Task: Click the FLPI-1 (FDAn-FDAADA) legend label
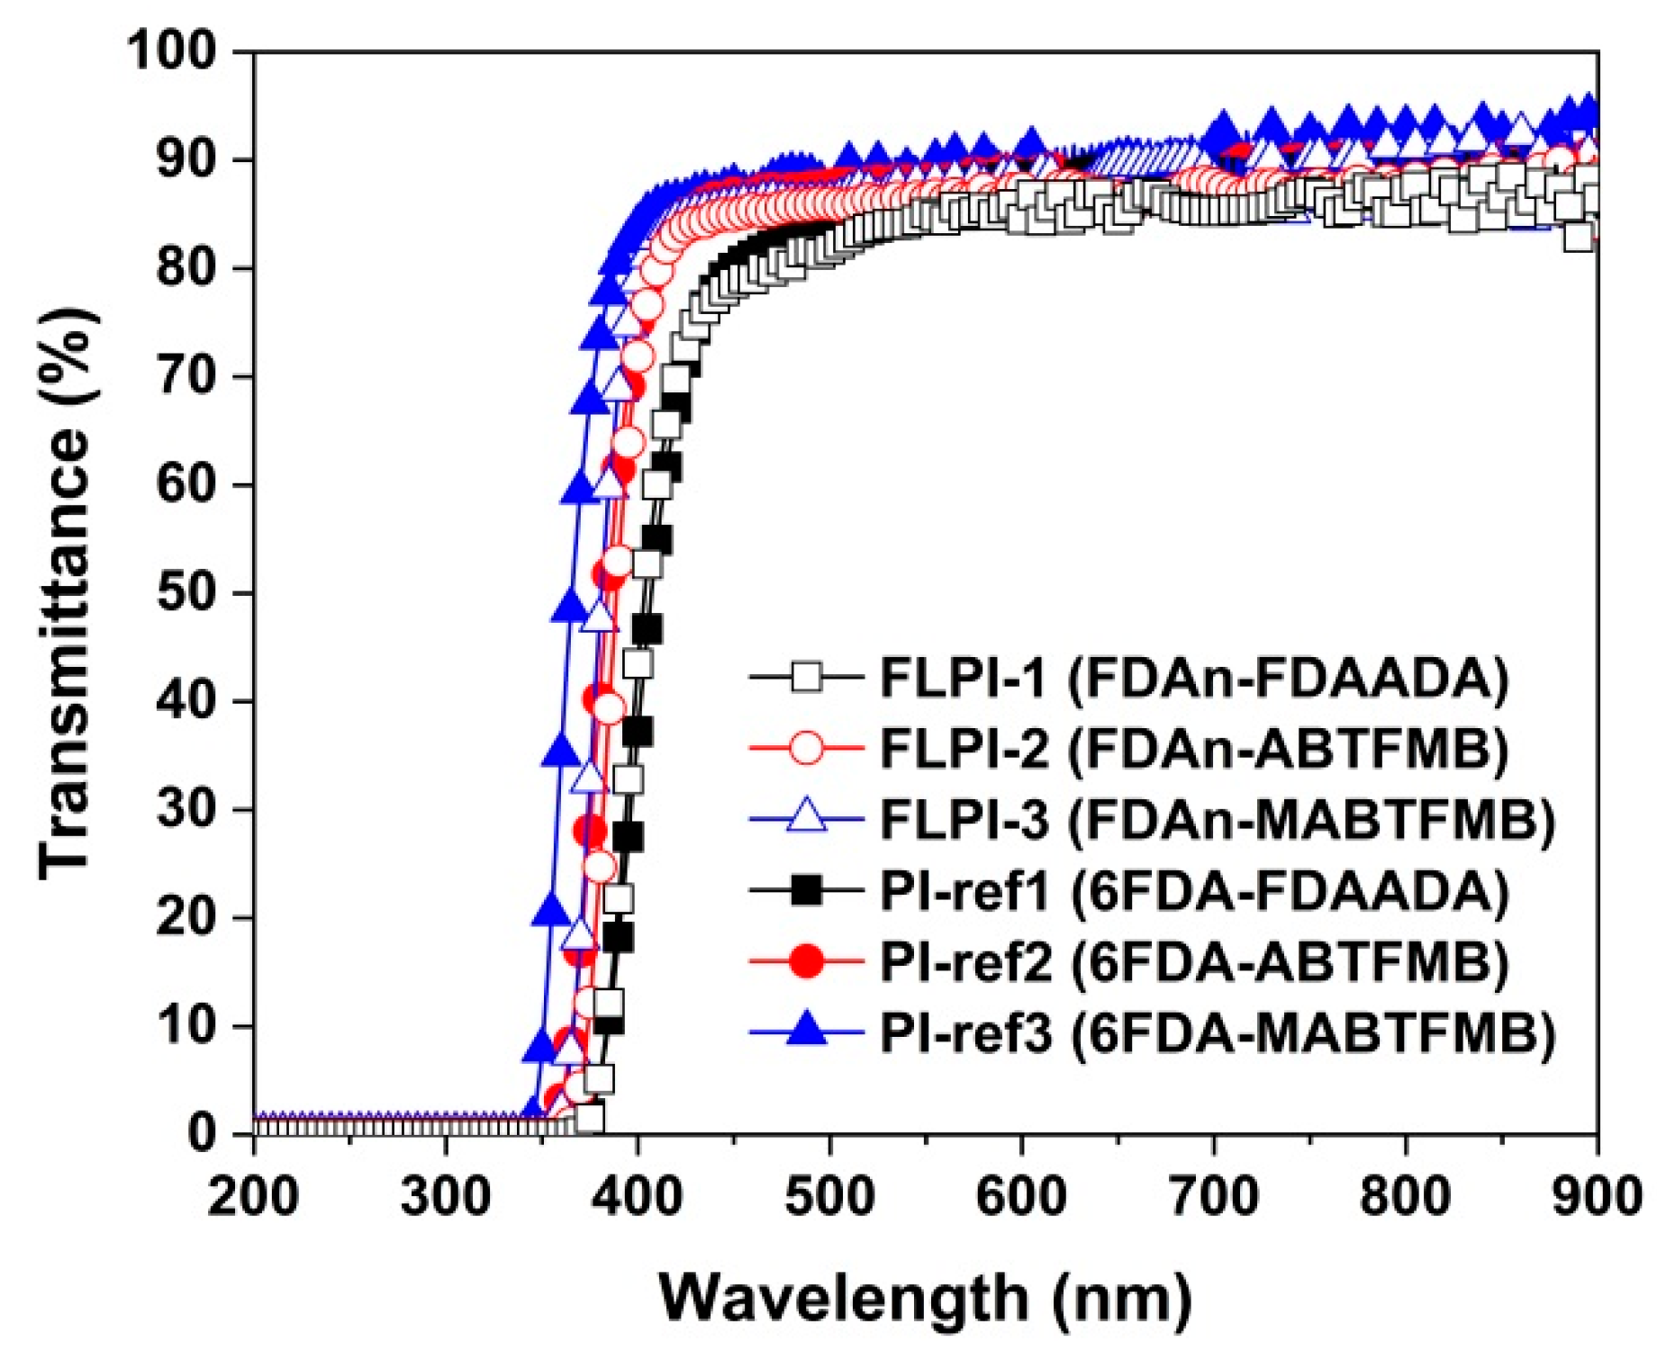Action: (1193, 678)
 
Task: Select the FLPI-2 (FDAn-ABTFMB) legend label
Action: (1193, 749)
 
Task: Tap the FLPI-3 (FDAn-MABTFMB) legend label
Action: (1216, 820)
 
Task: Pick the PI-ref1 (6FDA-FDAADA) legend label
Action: (1193, 891)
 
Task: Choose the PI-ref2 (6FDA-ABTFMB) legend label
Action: (1193, 962)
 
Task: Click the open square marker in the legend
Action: (807, 678)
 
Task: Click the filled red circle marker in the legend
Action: (807, 962)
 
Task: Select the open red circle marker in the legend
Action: (807, 749)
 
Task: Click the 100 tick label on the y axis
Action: (172, 50)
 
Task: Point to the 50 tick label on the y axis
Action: (186, 593)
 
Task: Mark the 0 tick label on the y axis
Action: (202, 1133)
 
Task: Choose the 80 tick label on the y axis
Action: (186, 268)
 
